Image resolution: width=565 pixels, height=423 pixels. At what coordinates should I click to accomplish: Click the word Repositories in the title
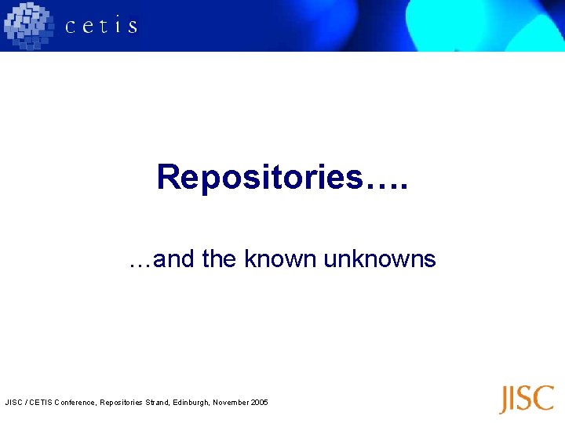click(x=261, y=177)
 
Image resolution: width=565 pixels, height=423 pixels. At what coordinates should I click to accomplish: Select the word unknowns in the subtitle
click(x=379, y=258)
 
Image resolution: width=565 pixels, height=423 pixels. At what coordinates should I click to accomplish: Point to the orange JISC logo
click(x=527, y=399)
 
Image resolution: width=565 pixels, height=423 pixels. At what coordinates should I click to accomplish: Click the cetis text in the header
click(x=101, y=26)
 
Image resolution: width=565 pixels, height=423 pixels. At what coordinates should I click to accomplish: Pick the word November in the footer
click(x=229, y=403)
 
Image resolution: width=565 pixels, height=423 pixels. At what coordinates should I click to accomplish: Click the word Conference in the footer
click(x=73, y=403)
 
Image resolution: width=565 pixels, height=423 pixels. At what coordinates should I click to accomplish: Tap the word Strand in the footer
click(x=152, y=403)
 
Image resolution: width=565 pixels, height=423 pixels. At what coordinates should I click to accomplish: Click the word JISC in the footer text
click(x=13, y=403)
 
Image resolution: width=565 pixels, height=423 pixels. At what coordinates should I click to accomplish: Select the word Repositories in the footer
click(x=118, y=403)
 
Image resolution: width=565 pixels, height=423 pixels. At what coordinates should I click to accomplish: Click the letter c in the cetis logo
click(x=71, y=27)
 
